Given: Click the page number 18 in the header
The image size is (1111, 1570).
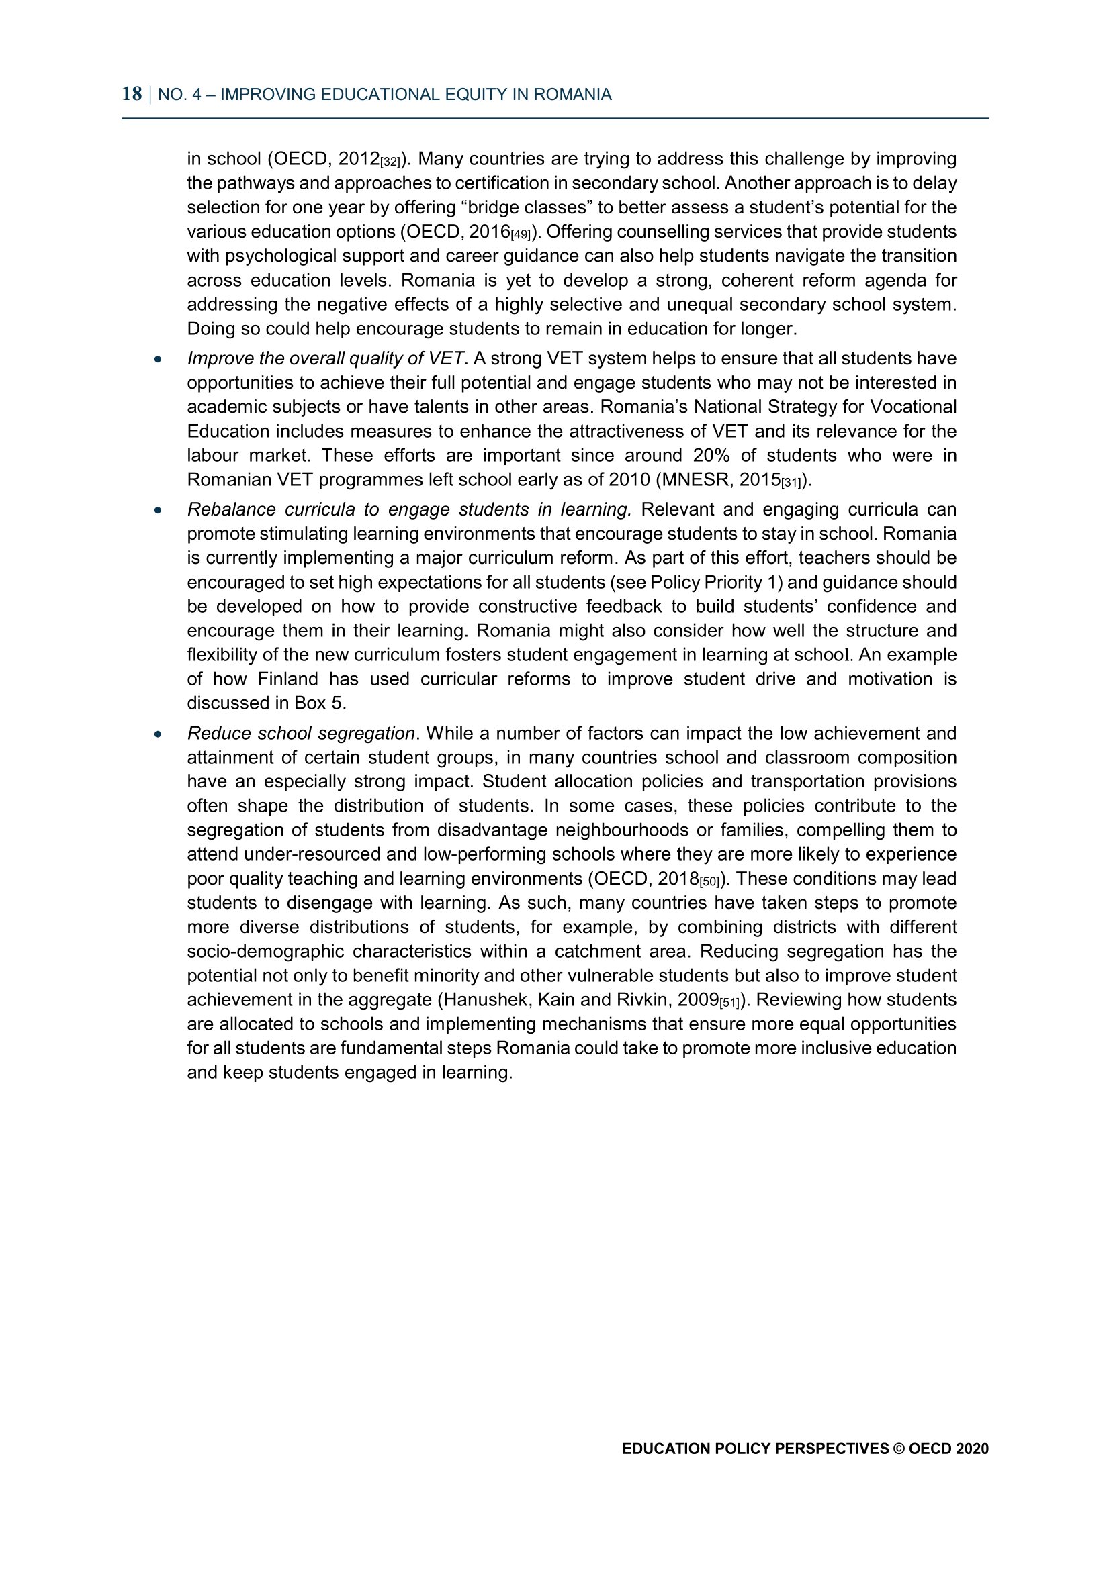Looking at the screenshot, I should click(132, 94).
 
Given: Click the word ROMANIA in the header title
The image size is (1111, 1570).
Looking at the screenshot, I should click(572, 95).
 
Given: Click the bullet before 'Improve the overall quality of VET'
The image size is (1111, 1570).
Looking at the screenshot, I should click(158, 359).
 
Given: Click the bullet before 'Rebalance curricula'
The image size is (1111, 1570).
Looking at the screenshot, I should click(158, 510).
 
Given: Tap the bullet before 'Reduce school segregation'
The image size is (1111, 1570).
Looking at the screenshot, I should click(158, 734).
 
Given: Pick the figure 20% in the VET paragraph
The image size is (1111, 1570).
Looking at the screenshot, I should click(711, 455).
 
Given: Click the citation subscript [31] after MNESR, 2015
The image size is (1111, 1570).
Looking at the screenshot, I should click(791, 483).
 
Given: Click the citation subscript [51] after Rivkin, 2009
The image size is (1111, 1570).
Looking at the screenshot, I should click(729, 1003).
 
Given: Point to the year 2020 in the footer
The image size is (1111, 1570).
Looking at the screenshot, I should click(972, 1449).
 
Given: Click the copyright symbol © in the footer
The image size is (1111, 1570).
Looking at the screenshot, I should click(898, 1449).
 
